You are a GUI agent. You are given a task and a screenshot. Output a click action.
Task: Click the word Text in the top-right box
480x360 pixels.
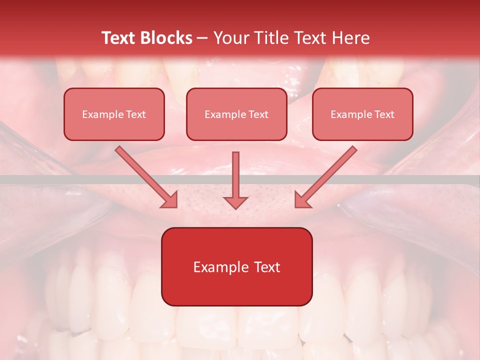coord(383,114)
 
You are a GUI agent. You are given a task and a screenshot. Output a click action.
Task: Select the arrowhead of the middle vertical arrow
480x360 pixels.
coord(235,201)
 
